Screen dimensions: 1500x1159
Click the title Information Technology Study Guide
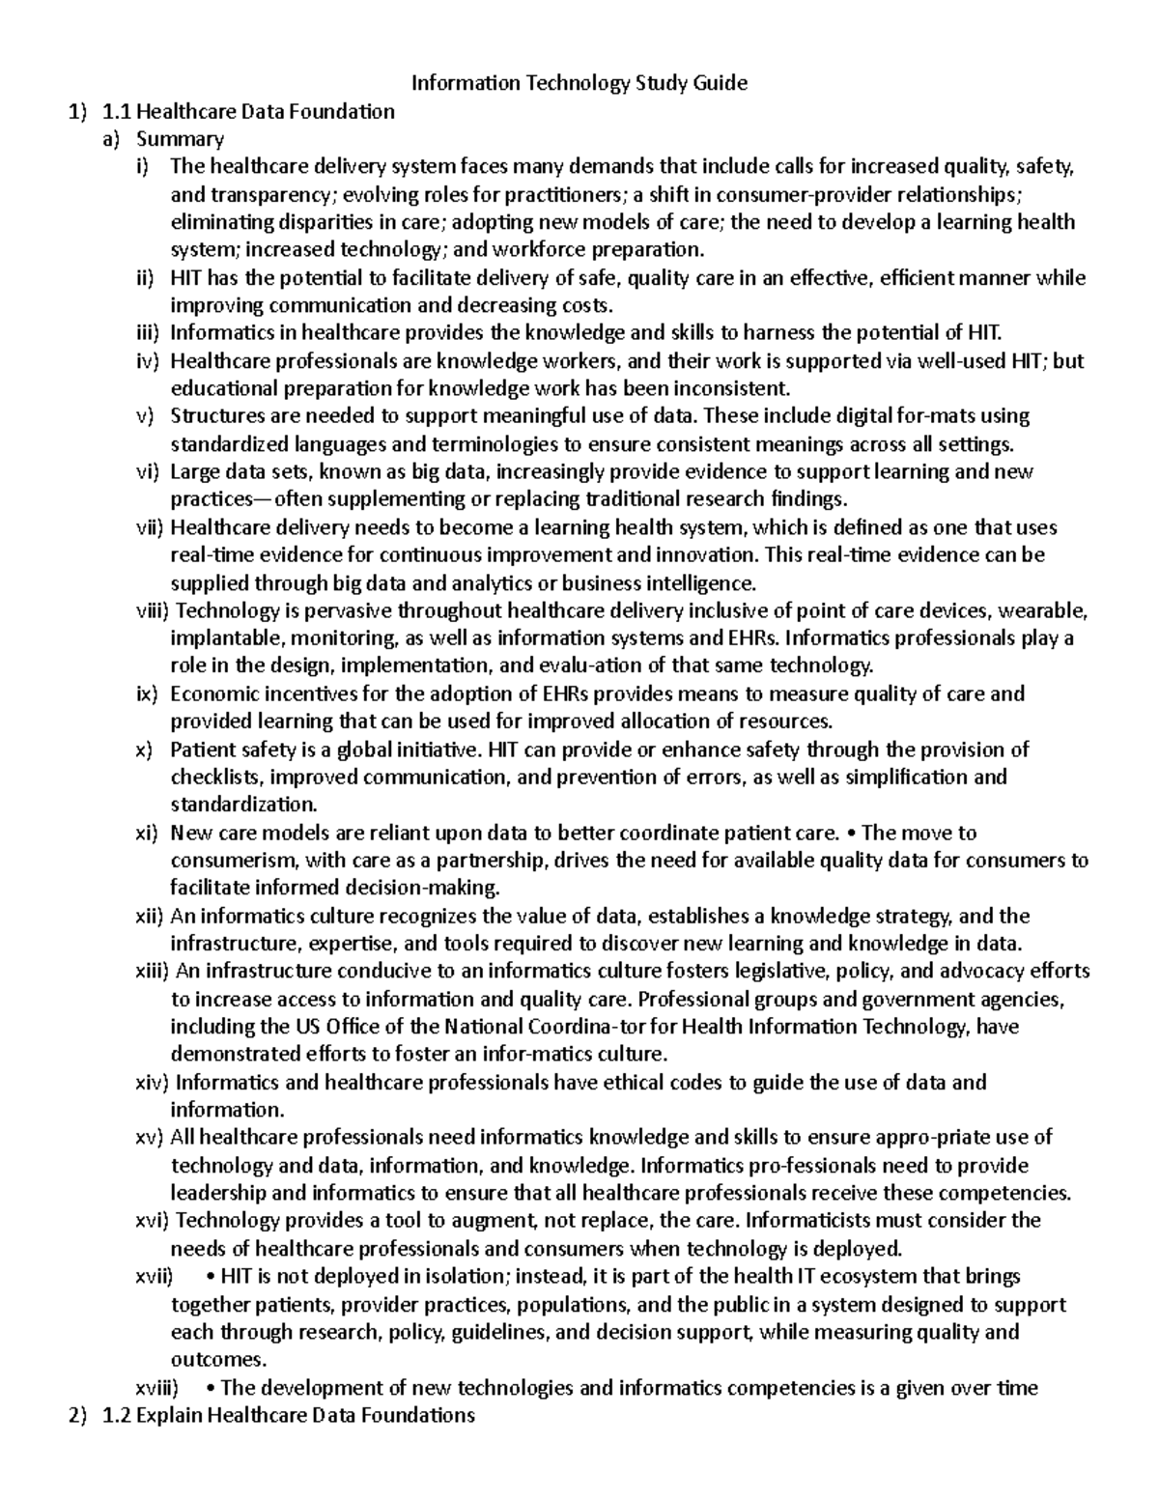(579, 83)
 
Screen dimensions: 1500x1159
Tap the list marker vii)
(151, 527)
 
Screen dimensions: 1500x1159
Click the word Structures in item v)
(213, 416)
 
